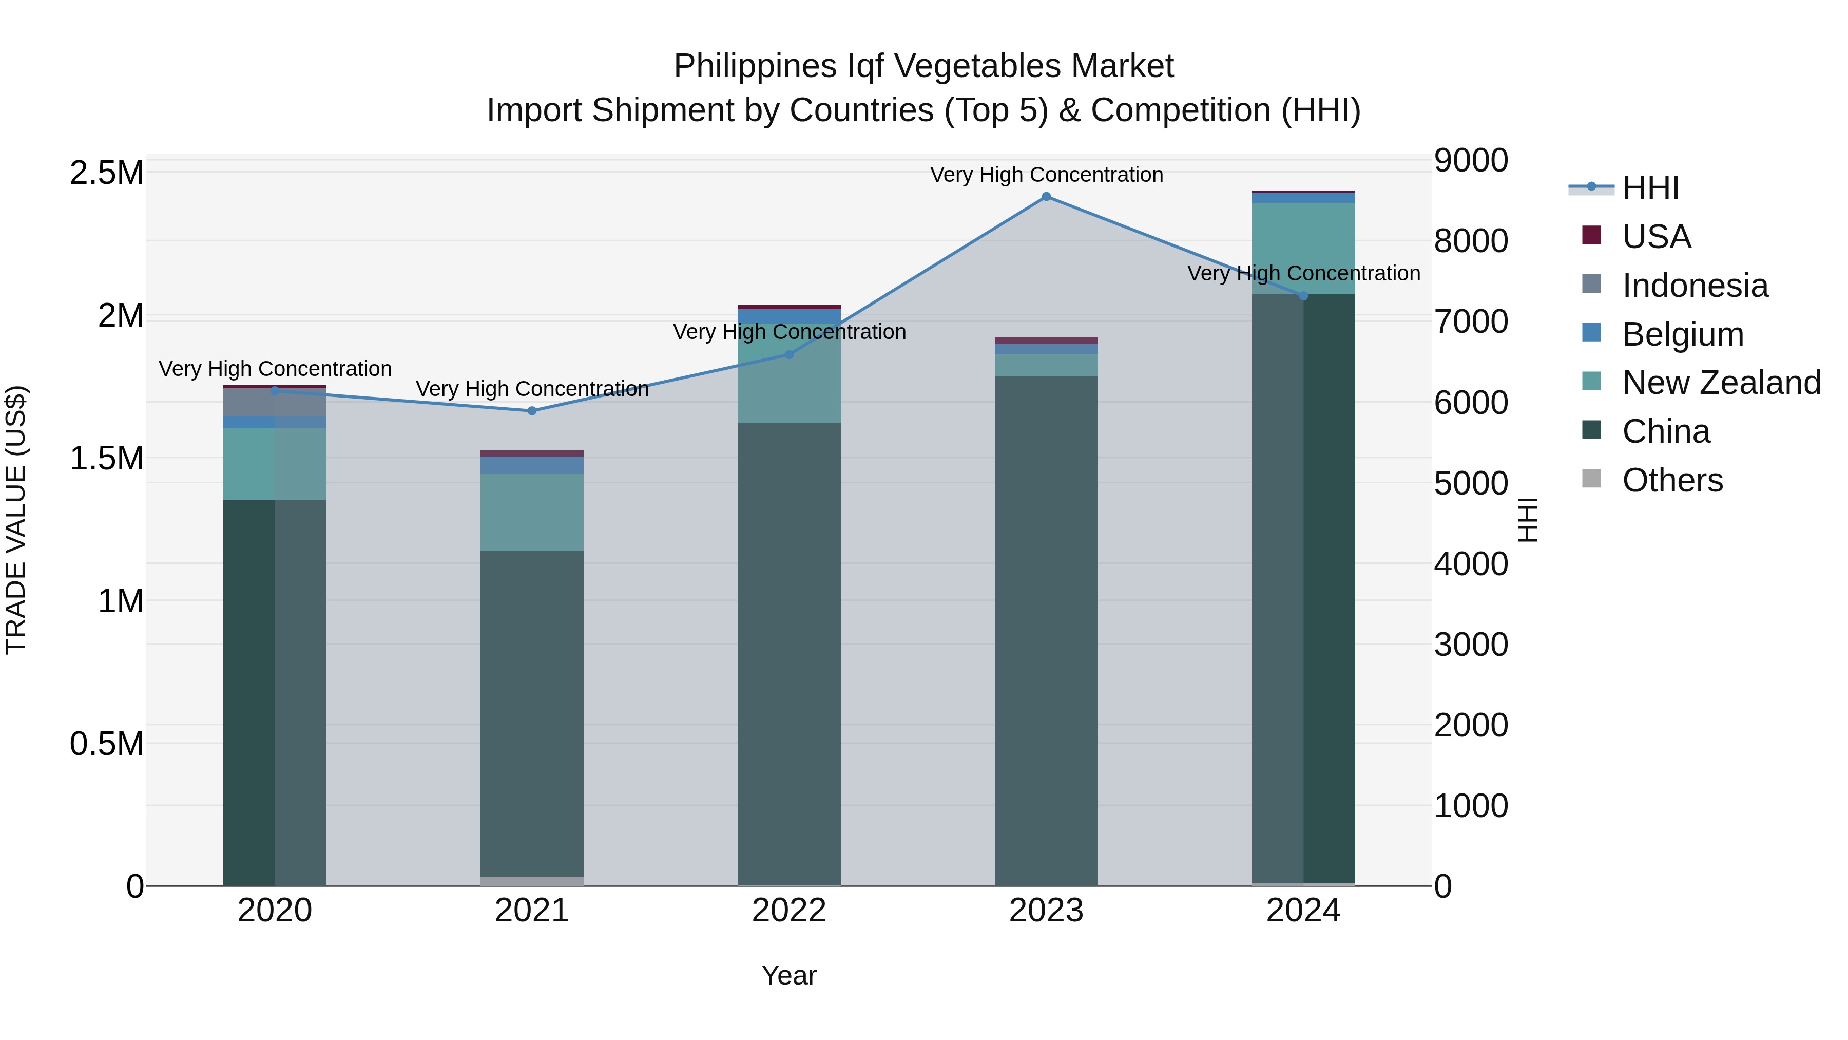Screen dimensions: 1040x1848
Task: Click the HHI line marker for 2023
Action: (x=1046, y=197)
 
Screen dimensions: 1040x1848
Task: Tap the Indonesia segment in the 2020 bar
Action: (x=275, y=402)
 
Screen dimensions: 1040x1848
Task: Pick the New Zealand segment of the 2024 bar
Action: (x=1303, y=249)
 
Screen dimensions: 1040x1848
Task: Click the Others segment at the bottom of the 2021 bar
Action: (x=532, y=881)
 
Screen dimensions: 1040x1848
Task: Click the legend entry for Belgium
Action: (x=1682, y=334)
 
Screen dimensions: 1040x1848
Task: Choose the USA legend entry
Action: (x=1655, y=237)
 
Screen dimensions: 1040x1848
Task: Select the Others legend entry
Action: (x=1671, y=480)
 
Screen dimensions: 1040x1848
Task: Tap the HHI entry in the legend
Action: (x=1649, y=188)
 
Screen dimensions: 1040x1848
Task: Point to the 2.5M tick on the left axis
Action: (x=107, y=173)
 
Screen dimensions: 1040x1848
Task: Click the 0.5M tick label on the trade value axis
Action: (x=107, y=744)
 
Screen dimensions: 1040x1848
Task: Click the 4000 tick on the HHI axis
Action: (x=1471, y=564)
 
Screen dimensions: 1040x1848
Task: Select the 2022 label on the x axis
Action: (x=788, y=911)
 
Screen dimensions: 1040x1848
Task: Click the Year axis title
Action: (x=788, y=975)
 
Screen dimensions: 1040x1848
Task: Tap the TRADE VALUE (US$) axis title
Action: (x=16, y=520)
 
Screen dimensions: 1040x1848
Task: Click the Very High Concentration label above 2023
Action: (x=1046, y=175)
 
